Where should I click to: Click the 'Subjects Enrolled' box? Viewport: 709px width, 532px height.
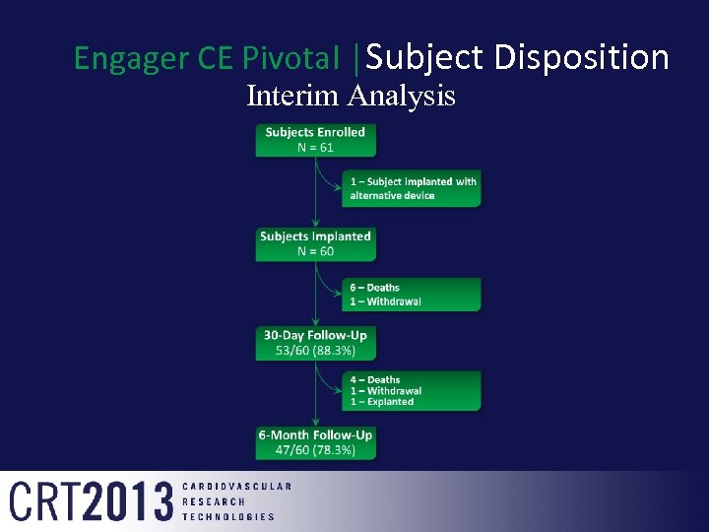[315, 140]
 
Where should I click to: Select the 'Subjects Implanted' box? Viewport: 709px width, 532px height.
[315, 244]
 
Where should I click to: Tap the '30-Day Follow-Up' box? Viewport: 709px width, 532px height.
[315, 343]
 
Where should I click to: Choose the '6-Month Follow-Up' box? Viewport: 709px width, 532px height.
[315, 442]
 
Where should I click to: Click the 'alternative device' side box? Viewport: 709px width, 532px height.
[413, 189]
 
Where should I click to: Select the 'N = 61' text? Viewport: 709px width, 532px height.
[315, 148]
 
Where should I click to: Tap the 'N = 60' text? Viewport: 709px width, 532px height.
[315, 251]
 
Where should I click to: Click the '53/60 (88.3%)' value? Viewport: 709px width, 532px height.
[315, 351]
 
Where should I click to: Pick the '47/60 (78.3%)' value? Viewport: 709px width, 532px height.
[315, 450]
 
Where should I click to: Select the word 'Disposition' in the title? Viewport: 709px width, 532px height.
[581, 58]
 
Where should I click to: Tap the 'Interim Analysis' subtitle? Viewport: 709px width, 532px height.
[351, 97]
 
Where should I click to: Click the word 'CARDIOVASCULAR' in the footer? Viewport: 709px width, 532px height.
[236, 487]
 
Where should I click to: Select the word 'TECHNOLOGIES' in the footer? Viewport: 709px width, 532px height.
[228, 516]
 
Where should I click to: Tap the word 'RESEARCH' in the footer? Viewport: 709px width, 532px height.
[214, 501]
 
